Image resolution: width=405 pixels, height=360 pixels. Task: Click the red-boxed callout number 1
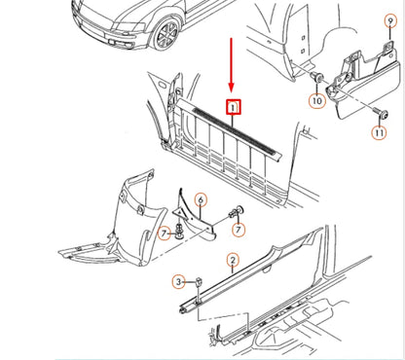(234, 107)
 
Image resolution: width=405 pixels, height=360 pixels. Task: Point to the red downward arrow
(231, 65)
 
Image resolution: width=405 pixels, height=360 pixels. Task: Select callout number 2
(233, 260)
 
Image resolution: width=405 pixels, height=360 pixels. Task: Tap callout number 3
(178, 281)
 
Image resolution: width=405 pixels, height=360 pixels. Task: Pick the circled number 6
(201, 200)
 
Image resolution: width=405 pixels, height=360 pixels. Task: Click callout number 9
(390, 21)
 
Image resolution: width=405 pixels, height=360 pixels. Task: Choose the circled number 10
(317, 101)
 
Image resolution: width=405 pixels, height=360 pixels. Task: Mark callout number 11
(380, 132)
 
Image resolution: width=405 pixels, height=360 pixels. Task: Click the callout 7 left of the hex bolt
(165, 233)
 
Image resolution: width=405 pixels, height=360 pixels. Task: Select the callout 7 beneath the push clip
(239, 230)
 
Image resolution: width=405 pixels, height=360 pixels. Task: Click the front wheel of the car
(166, 34)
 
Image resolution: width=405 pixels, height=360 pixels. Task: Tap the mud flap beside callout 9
(362, 81)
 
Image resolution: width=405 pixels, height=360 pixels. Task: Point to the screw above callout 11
(381, 113)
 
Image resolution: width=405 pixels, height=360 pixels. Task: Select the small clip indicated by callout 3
(199, 281)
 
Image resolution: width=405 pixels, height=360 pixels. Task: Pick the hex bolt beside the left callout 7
(179, 231)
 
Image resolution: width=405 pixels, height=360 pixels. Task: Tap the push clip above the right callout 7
(237, 211)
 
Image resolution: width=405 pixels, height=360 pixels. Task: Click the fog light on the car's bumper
(111, 42)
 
